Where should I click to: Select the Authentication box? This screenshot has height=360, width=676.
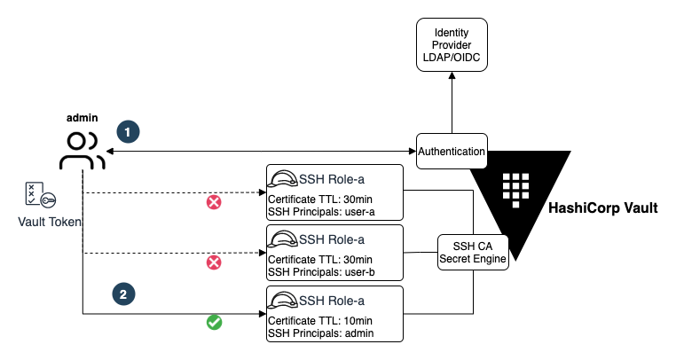pyautogui.click(x=452, y=152)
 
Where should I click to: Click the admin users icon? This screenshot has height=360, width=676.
pyautogui.click(x=83, y=151)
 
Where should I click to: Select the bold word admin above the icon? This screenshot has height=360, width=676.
pyautogui.click(x=83, y=118)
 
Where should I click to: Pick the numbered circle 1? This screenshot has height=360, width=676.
pyautogui.click(x=129, y=131)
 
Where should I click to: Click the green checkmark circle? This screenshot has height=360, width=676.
pyautogui.click(x=214, y=322)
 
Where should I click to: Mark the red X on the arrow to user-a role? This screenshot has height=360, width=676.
pyautogui.click(x=214, y=202)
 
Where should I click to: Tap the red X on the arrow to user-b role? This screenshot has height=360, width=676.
pyautogui.click(x=214, y=262)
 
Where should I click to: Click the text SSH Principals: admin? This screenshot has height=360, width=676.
pyautogui.click(x=321, y=333)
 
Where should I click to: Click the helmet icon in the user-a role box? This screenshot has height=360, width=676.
pyautogui.click(x=285, y=177)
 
